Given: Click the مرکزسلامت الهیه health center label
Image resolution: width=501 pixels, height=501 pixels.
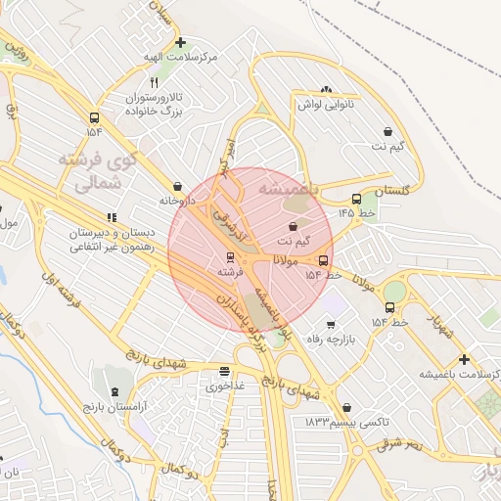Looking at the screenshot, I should (179, 59).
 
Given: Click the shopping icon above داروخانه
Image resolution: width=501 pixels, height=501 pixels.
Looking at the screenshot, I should (177, 185).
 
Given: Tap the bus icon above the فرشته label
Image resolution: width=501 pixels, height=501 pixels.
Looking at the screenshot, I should (230, 257).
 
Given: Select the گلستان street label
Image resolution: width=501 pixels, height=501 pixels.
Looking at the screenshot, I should (389, 189).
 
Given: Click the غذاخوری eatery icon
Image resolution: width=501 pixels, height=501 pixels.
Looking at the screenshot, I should (225, 372).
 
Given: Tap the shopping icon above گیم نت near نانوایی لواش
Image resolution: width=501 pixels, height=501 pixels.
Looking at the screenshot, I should (388, 131).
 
